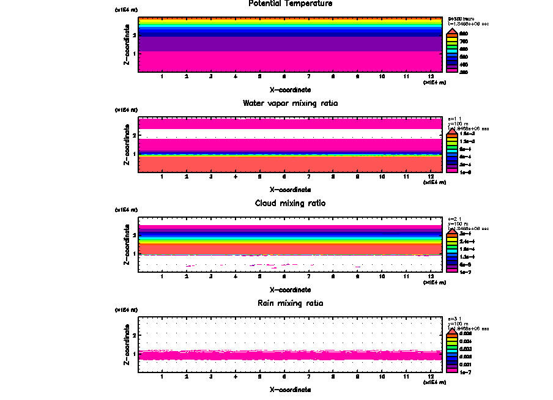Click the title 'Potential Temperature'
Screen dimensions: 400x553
[x=291, y=4]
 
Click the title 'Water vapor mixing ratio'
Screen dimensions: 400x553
[x=291, y=103]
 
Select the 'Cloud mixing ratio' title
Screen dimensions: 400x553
[x=291, y=203]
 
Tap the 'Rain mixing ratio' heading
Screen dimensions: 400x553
[x=291, y=303]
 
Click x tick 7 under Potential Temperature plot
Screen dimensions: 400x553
[x=308, y=76]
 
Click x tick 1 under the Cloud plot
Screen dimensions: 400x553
[x=161, y=276]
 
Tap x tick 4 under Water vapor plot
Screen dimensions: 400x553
[x=235, y=177]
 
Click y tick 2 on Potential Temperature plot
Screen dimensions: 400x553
[x=135, y=35]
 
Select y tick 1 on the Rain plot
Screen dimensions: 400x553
[x=135, y=354]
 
